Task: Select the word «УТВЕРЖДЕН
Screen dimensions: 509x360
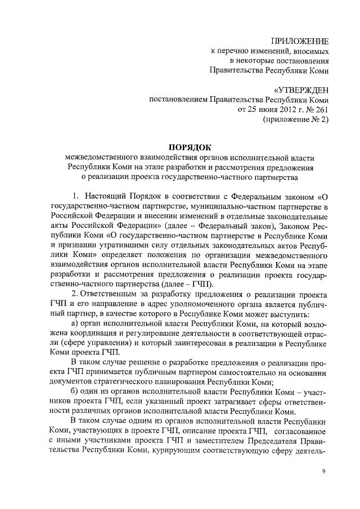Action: tap(300, 91)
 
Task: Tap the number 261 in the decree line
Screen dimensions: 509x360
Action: tap(319, 110)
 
